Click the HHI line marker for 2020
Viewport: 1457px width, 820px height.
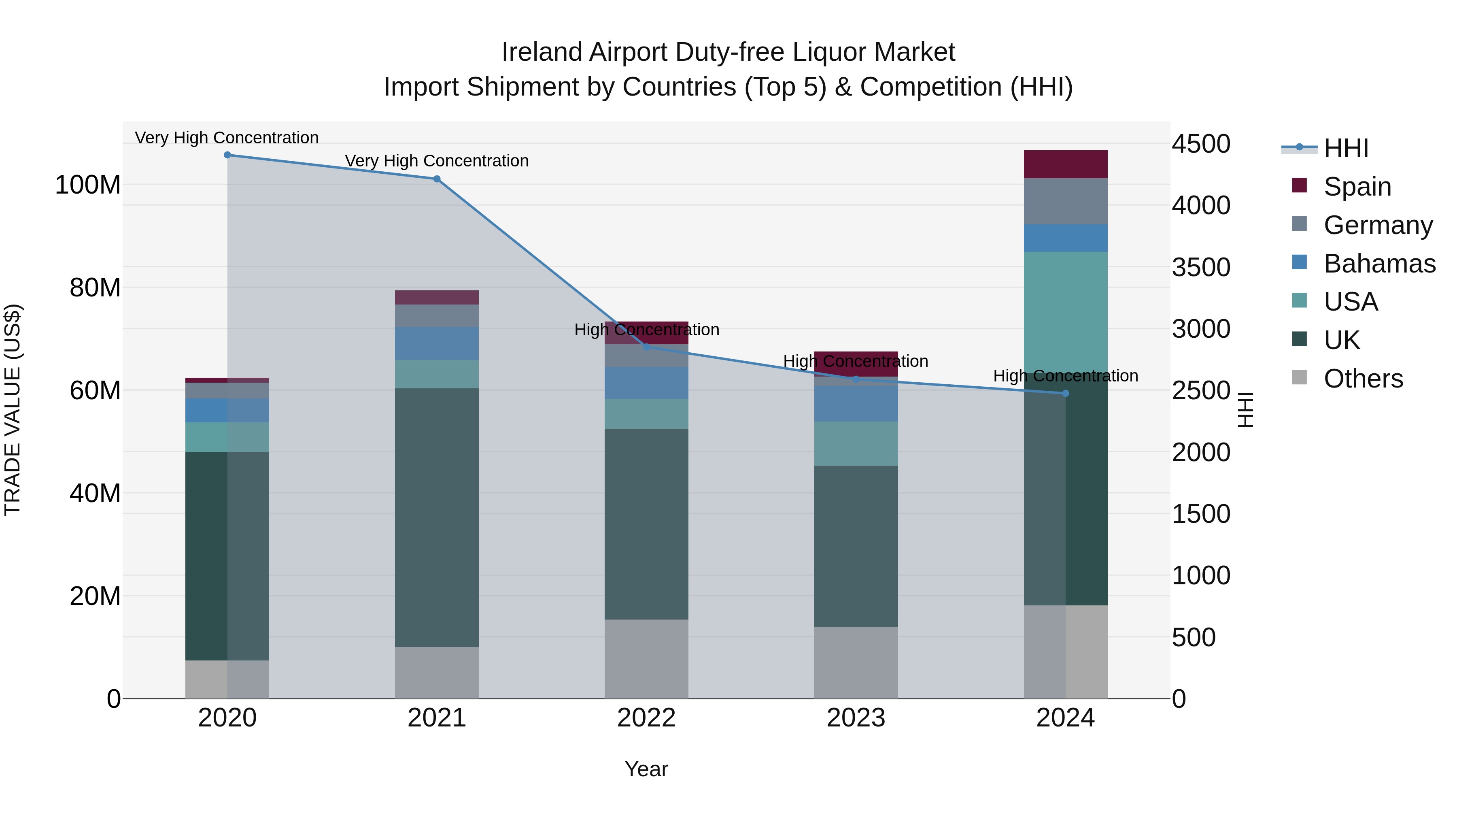click(227, 155)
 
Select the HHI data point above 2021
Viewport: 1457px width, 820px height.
click(437, 179)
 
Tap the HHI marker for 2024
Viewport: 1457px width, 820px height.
click(1066, 393)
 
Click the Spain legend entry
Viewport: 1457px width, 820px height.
click(1357, 187)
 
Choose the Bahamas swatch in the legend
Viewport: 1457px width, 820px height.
click(1300, 262)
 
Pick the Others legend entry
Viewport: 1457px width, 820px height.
click(1363, 379)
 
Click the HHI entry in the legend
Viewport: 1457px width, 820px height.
click(1346, 148)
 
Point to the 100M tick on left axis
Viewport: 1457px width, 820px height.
click(88, 185)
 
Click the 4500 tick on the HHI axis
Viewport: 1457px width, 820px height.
click(1201, 144)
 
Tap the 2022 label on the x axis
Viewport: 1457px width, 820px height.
click(646, 718)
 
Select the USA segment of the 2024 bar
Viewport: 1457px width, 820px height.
click(1066, 311)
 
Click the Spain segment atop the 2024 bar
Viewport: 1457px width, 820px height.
click(1066, 164)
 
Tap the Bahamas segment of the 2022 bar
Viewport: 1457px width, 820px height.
click(646, 383)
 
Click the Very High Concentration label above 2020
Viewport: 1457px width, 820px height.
click(227, 138)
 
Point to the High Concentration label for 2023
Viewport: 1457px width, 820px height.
click(855, 361)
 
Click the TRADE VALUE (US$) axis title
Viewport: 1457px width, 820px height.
click(13, 410)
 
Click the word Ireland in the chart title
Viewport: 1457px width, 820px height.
click(542, 52)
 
